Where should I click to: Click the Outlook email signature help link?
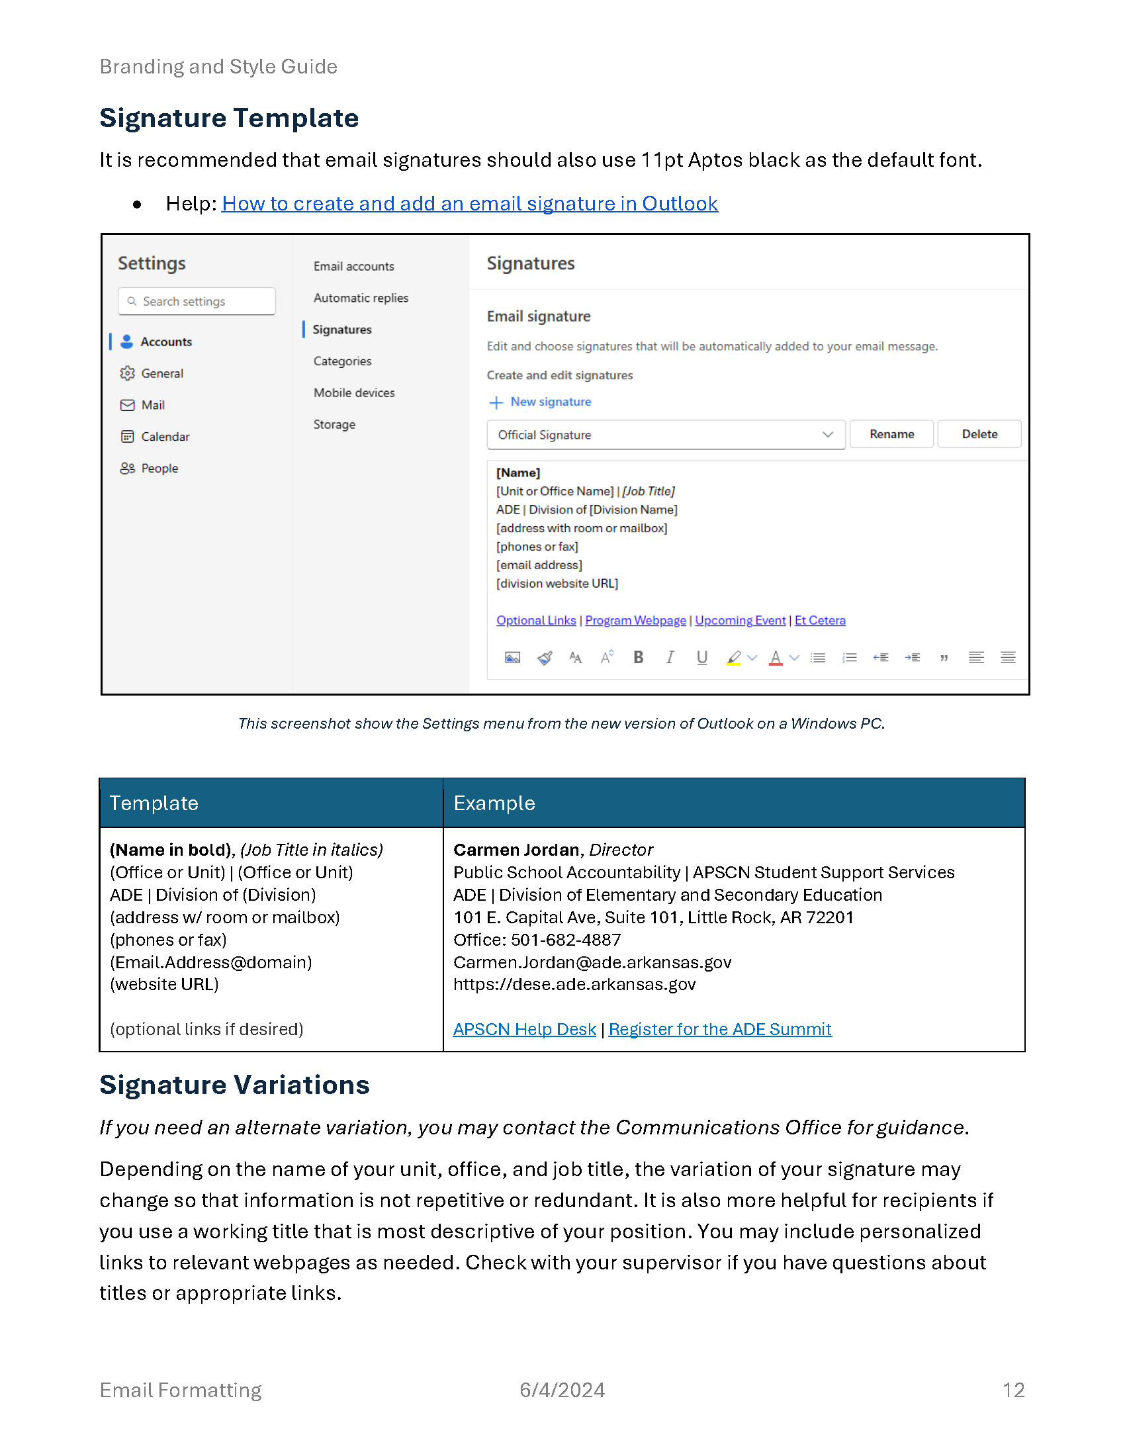[469, 203]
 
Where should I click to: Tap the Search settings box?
[197, 301]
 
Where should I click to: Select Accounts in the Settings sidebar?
[166, 342]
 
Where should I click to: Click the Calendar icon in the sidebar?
[127, 437]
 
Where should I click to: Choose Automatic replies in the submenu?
[361, 298]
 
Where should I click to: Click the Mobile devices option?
[354, 392]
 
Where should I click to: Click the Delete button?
[978, 434]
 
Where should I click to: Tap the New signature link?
[550, 401]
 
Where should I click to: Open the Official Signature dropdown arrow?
[827, 435]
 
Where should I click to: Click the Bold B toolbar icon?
[638, 657]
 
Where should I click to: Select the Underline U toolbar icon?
[701, 657]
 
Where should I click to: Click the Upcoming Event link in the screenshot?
[740, 620]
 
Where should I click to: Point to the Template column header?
[154, 803]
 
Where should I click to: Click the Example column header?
[494, 803]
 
